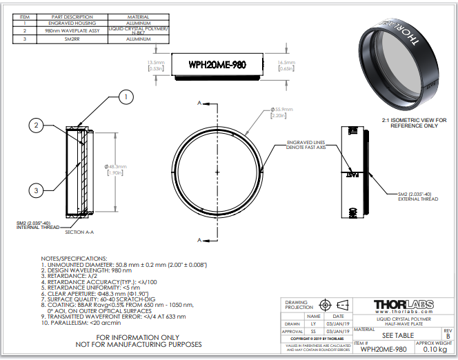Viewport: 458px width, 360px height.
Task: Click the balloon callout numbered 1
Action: [x=125, y=98]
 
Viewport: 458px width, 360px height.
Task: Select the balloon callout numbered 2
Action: [x=37, y=126]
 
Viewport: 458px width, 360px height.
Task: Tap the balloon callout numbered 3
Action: [x=37, y=190]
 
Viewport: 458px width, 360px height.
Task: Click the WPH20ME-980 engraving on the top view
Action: [x=217, y=65]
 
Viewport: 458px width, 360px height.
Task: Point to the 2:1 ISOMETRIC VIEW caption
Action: [x=413, y=123]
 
